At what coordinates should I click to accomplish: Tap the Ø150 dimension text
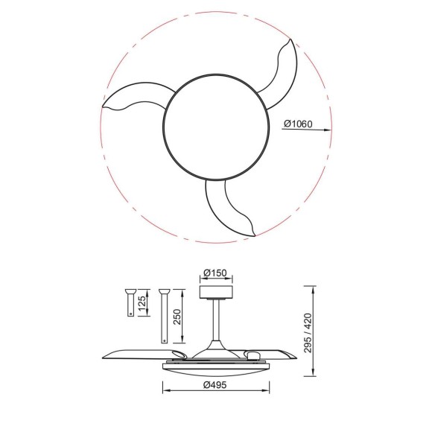click(x=215, y=273)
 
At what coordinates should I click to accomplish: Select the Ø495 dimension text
click(x=215, y=385)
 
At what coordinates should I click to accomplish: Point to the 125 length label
click(x=142, y=303)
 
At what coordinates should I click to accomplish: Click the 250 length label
click(x=176, y=317)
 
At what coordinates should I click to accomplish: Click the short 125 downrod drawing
click(x=130, y=302)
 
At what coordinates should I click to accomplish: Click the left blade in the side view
click(x=138, y=352)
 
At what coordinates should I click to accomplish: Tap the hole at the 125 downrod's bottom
click(x=130, y=313)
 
